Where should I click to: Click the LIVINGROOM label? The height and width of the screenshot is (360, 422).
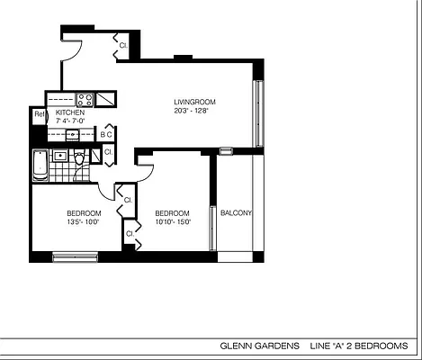click(x=195, y=102)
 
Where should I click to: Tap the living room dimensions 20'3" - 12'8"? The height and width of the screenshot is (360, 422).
click(x=195, y=112)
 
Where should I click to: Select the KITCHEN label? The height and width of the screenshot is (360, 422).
click(x=70, y=112)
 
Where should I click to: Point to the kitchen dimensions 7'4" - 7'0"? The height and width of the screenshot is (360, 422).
click(x=70, y=121)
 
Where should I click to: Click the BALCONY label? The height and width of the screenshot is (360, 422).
click(x=236, y=213)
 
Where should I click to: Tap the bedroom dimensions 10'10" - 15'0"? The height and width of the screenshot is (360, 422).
click(x=174, y=221)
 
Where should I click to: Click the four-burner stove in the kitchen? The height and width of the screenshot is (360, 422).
click(x=85, y=100)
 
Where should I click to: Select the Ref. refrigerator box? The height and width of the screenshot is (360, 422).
click(x=39, y=115)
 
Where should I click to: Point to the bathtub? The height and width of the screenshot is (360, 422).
click(x=39, y=165)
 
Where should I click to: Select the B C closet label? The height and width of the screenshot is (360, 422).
click(x=106, y=135)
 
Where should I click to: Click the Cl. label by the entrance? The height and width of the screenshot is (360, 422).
click(x=123, y=42)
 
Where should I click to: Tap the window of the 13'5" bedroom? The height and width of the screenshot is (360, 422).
click(x=75, y=257)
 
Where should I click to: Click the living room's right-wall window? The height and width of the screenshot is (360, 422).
click(x=259, y=113)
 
